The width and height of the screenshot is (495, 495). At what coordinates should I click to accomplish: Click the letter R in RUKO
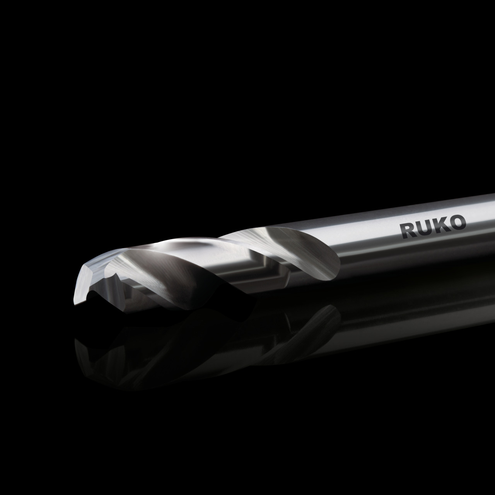coord(408,230)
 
